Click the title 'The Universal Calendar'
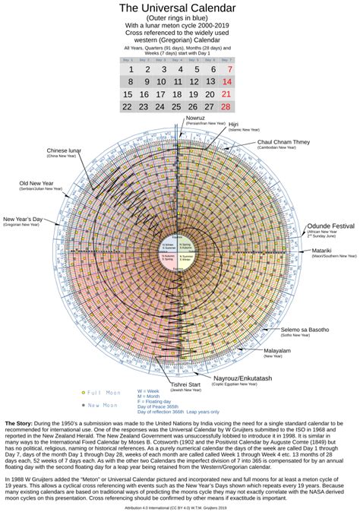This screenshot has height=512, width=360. [x=180, y=8]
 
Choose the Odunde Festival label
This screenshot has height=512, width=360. [x=330, y=226]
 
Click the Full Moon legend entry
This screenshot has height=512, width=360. [x=103, y=392]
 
